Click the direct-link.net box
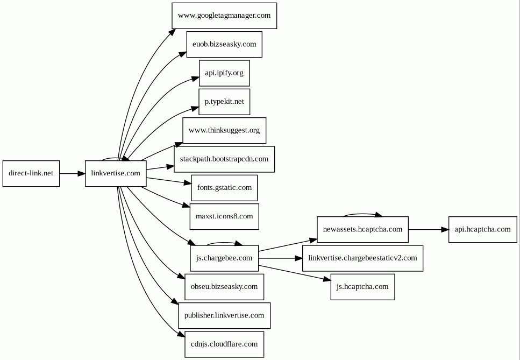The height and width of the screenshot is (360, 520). [x=31, y=173]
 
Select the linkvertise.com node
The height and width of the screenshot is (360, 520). [x=116, y=173]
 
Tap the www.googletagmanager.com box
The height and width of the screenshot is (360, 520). [x=224, y=16]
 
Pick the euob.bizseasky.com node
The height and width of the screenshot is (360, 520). [x=224, y=45]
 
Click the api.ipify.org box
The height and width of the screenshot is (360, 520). [x=224, y=73]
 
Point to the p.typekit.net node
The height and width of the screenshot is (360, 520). [x=224, y=102]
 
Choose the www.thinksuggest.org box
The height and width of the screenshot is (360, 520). [x=224, y=130]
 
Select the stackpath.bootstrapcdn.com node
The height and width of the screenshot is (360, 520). [x=224, y=159]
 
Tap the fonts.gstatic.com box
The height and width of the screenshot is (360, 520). [x=224, y=188]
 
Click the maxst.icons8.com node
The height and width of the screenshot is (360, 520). [x=224, y=217]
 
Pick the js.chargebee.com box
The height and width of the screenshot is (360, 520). [x=224, y=258]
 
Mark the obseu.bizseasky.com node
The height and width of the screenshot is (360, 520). [x=224, y=287]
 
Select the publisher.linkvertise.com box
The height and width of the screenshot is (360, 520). [x=224, y=315]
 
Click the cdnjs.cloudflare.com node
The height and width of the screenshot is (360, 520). [x=224, y=344]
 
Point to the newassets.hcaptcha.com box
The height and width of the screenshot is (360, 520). [x=362, y=230]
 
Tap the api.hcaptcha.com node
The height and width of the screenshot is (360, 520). [x=482, y=230]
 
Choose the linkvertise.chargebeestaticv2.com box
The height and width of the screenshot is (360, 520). [x=362, y=258]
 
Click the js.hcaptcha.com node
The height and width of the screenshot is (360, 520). [x=362, y=287]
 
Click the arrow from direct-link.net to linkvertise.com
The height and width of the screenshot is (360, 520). [x=72, y=173]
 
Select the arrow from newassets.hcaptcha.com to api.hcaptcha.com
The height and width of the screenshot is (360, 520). [x=429, y=230]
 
